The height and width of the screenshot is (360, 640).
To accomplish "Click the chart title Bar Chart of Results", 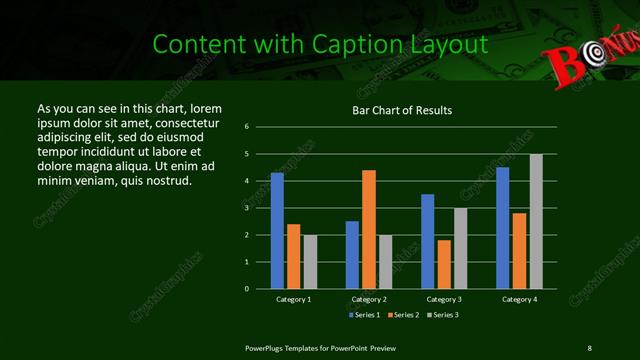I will [401, 110].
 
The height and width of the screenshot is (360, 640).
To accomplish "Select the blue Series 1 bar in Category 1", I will [277, 230].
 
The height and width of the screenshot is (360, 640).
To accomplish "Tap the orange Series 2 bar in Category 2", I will [368, 229].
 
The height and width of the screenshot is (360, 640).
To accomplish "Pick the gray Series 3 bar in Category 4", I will [535, 221].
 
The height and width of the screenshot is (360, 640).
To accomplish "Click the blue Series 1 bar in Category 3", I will [427, 241].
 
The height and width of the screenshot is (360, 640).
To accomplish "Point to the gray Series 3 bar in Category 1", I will [309, 261].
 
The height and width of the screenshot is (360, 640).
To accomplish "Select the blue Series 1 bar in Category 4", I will [502, 227].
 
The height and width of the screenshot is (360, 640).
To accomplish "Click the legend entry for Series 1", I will [365, 315].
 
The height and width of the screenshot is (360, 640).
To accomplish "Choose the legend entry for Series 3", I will [442, 315].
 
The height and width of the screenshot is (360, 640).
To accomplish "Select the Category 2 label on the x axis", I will [368, 299].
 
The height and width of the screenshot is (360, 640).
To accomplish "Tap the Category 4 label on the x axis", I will [518, 299].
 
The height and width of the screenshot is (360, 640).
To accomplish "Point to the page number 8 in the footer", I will [589, 347].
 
